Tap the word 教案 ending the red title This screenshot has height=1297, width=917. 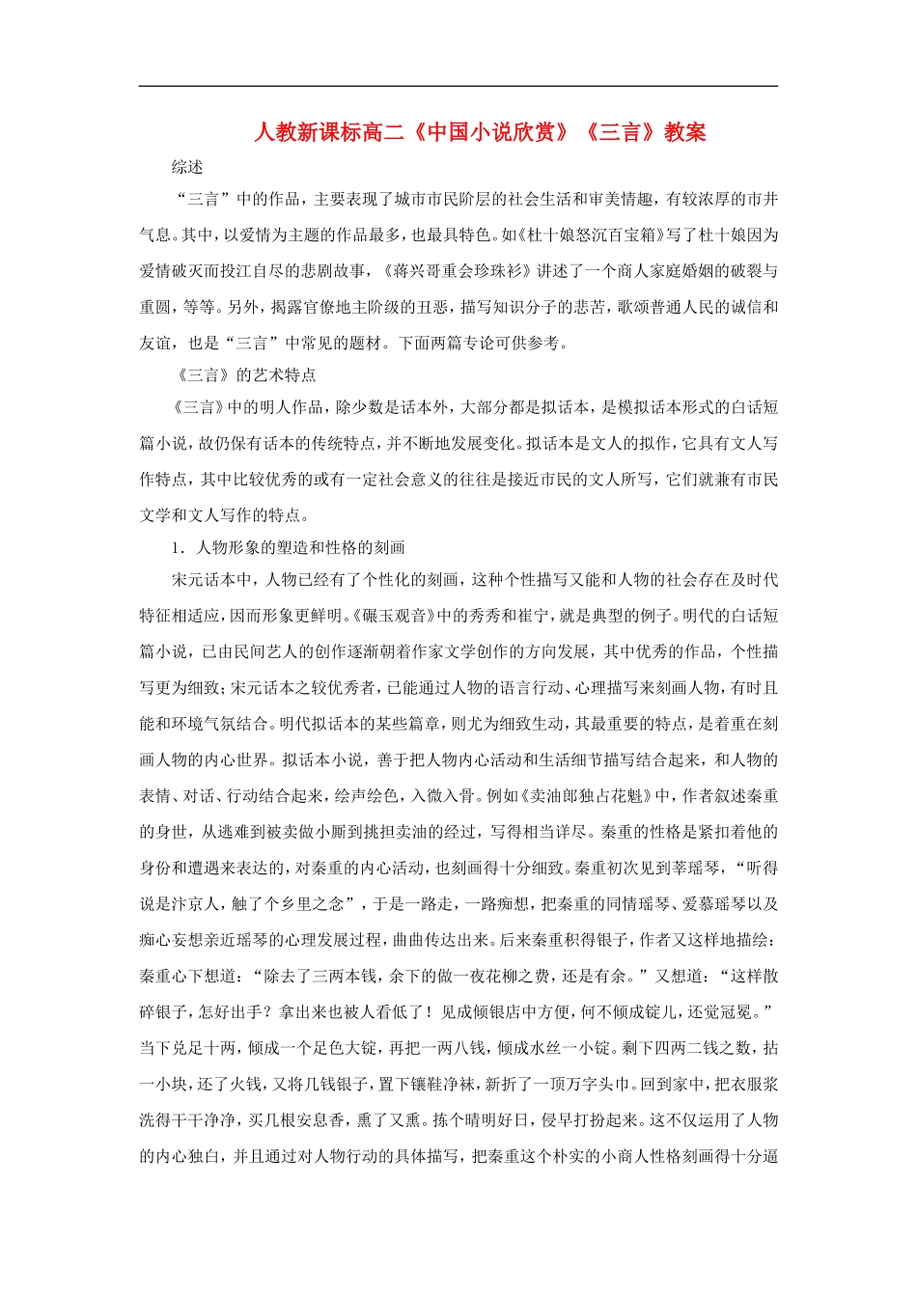(x=685, y=132)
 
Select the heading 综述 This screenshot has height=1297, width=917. (x=187, y=167)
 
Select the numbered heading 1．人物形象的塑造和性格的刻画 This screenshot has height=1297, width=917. (x=288, y=547)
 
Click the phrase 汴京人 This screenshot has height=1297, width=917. (x=192, y=904)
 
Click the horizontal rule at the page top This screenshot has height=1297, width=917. (x=458, y=87)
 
